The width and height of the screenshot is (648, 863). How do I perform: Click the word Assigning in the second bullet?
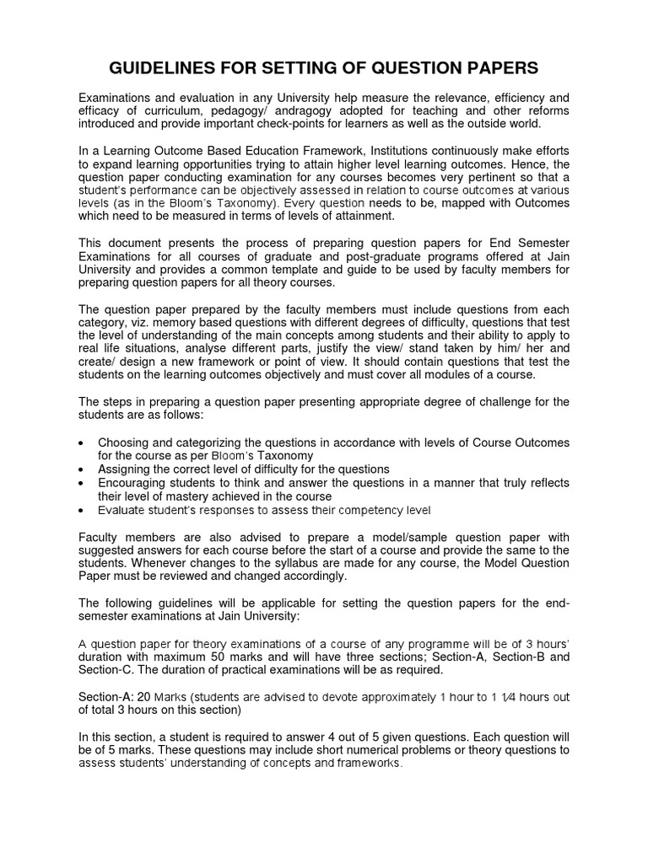127,469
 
